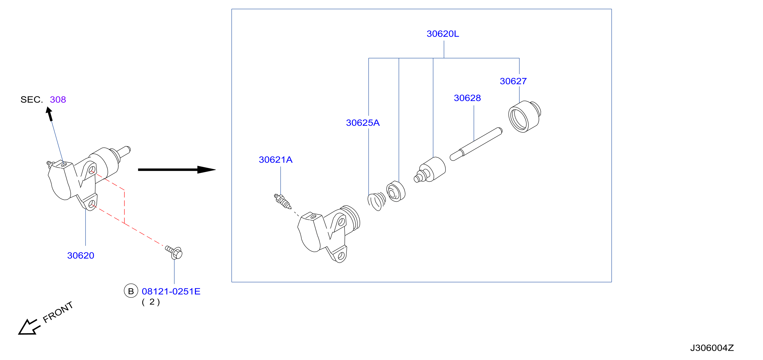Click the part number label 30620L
point(442,34)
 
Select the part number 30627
point(513,81)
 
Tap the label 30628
point(467,98)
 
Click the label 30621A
point(275,160)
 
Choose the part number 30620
point(80,255)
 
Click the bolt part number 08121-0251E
point(171,291)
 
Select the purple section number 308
point(58,99)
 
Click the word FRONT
point(58,312)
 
